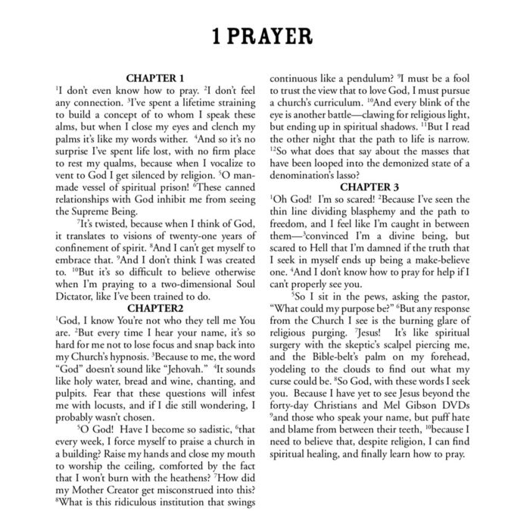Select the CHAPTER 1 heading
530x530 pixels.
[154, 78]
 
